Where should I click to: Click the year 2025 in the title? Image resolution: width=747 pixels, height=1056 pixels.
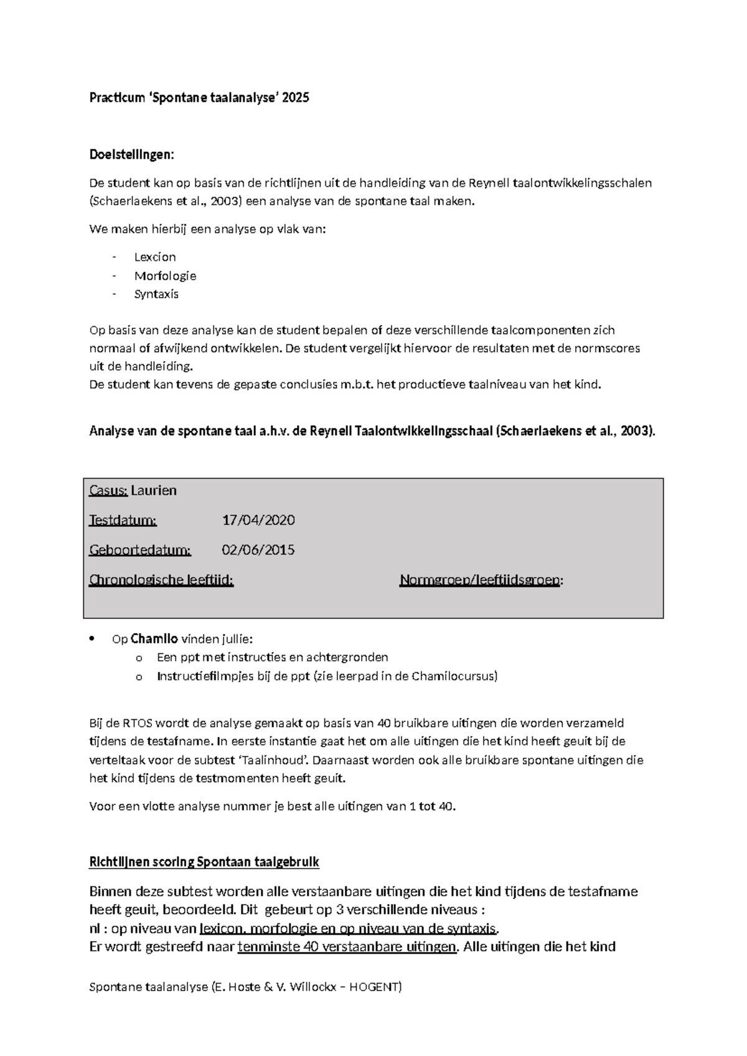(x=295, y=98)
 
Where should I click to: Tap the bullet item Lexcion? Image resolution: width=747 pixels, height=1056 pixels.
(x=155, y=257)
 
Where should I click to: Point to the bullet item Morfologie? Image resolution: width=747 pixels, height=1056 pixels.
(x=165, y=276)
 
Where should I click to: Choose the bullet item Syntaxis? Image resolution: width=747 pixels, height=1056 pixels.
(x=156, y=294)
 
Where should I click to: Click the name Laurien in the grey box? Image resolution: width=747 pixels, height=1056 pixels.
(x=154, y=491)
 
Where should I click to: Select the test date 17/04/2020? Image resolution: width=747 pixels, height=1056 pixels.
(x=258, y=520)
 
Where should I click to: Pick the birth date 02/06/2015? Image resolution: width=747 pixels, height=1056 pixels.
(x=258, y=550)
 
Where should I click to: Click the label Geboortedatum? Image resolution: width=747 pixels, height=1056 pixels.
(x=140, y=550)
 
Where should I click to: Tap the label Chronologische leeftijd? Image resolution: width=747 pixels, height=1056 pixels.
(x=161, y=580)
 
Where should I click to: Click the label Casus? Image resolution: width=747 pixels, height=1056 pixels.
(x=108, y=491)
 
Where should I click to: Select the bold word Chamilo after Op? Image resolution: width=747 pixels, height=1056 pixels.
(x=154, y=639)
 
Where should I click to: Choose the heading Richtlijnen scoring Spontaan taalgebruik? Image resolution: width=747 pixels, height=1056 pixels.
(x=204, y=862)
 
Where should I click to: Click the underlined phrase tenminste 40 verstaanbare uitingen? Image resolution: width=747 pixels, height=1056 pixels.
(x=347, y=947)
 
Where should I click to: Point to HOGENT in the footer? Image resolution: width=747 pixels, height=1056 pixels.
(x=375, y=987)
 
